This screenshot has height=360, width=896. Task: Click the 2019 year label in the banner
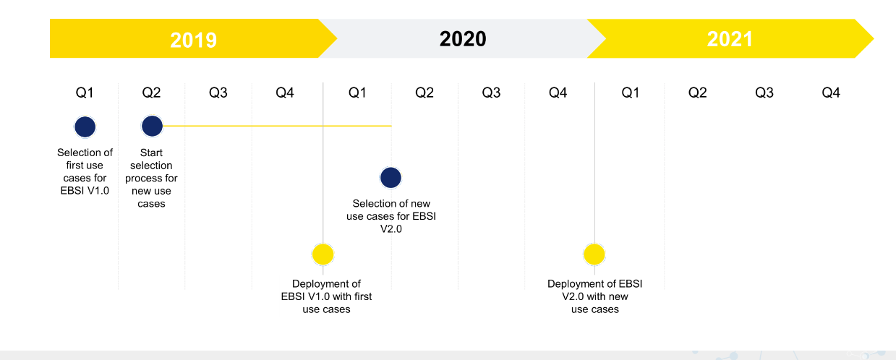(x=194, y=40)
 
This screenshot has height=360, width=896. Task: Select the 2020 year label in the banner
(x=463, y=39)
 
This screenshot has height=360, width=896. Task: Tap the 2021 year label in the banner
(x=730, y=39)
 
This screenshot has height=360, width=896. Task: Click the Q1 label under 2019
(x=85, y=93)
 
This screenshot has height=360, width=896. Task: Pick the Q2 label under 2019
(x=151, y=93)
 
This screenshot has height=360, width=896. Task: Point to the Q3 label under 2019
(x=218, y=93)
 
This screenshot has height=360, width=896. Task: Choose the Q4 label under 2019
(x=285, y=93)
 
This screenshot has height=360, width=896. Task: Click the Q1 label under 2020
(x=357, y=93)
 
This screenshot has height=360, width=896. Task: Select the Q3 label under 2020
(x=491, y=93)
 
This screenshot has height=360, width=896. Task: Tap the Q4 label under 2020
(x=558, y=93)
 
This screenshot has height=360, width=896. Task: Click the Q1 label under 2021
(x=631, y=93)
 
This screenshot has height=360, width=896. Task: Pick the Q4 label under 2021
(x=831, y=93)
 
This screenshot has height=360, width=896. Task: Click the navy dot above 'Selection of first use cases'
(x=85, y=127)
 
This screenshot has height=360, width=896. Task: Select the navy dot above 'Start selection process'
(x=152, y=126)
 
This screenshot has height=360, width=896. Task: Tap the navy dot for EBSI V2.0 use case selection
(x=391, y=178)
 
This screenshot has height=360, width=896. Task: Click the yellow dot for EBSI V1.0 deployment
(x=323, y=254)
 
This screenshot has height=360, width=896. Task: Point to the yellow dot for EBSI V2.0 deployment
(x=594, y=254)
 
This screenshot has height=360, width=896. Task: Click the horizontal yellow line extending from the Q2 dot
(x=277, y=126)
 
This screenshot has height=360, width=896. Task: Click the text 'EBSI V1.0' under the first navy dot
(x=85, y=190)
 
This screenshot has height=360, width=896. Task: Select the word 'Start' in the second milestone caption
(x=151, y=153)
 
